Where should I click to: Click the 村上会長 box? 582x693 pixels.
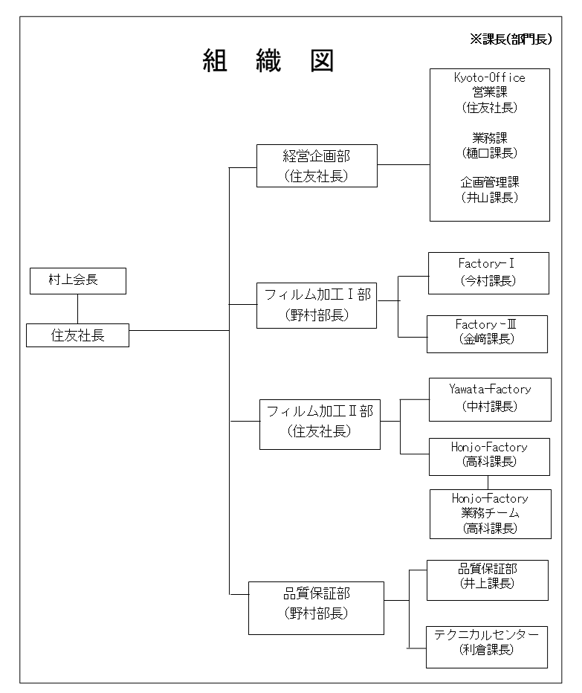click(78, 280)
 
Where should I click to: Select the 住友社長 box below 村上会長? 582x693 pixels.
click(77, 335)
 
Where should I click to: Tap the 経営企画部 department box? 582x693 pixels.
click(317, 166)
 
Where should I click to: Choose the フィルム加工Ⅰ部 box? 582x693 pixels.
click(317, 306)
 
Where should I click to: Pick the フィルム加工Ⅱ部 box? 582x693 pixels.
click(320, 425)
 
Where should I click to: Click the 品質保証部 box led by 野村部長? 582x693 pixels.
click(316, 607)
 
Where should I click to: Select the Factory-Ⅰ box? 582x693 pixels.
click(488, 273)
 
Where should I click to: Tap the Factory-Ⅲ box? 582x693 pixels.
click(487, 334)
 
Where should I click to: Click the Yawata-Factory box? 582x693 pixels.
click(490, 399)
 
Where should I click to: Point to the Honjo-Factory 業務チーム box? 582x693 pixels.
click(491, 514)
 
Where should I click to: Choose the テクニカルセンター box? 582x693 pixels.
click(487, 647)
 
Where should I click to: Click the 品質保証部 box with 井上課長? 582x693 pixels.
click(488, 580)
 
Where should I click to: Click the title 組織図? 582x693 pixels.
click(268, 60)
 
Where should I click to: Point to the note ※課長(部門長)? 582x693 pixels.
click(511, 39)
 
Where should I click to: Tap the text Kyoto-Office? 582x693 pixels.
click(490, 78)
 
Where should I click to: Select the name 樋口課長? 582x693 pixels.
click(490, 153)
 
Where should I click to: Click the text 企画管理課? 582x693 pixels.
click(490, 182)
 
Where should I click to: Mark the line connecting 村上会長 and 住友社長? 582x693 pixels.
click(78, 309)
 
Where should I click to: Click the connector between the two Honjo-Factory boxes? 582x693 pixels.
click(488, 483)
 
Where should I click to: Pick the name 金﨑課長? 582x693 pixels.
click(487, 339)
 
